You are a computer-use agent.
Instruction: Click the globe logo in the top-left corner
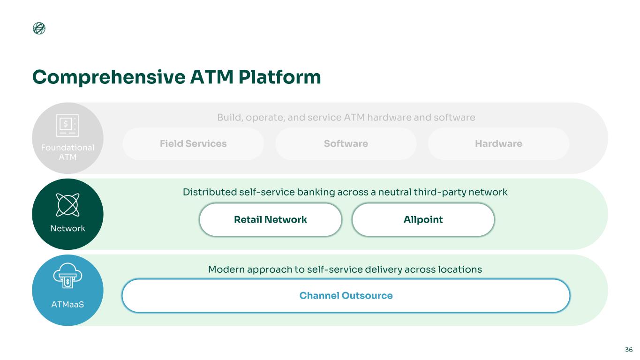tap(39, 29)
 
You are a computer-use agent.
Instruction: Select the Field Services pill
tap(193, 144)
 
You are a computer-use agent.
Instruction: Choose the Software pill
tap(346, 144)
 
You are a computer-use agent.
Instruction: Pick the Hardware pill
tap(498, 144)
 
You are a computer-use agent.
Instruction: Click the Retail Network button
tap(270, 219)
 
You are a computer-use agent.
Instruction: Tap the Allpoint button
tap(423, 219)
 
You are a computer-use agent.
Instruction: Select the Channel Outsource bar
tap(346, 296)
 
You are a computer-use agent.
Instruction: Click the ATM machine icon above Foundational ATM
tap(68, 126)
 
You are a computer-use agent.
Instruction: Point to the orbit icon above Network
tap(68, 204)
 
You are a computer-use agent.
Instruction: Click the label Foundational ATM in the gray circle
tap(68, 152)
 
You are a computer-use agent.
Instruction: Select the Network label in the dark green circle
tap(68, 229)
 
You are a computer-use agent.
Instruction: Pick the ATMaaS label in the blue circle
tap(68, 305)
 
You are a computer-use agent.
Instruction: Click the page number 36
tap(629, 350)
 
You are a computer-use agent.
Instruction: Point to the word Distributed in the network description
tap(209, 192)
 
